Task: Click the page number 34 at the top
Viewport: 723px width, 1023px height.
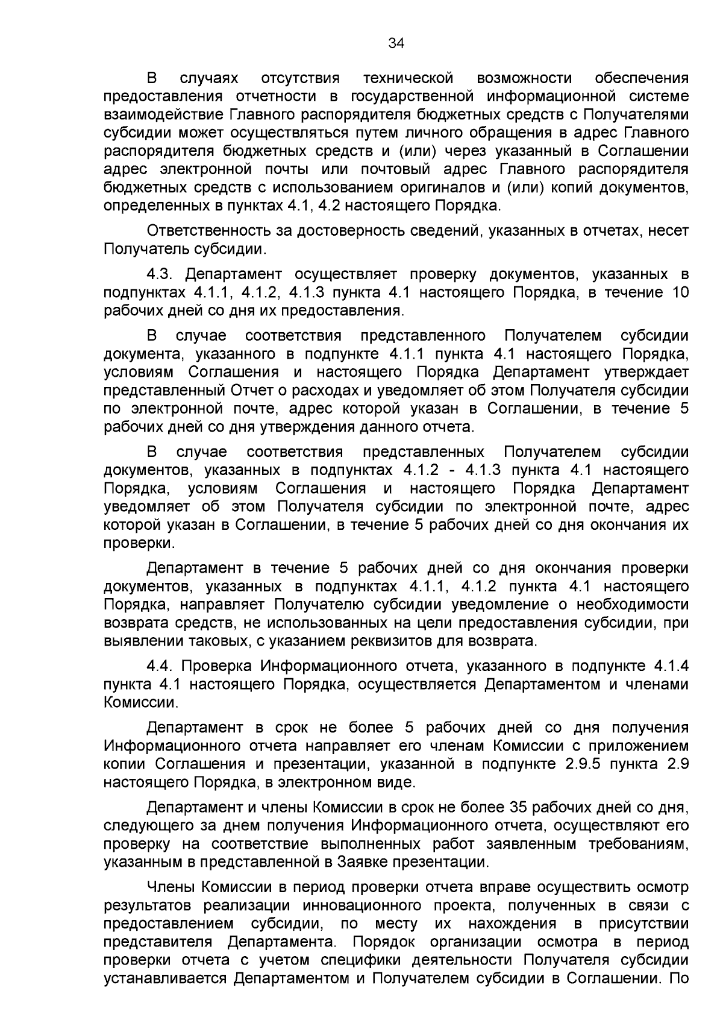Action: (396, 43)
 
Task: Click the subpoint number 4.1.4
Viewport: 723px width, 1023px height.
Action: (671, 666)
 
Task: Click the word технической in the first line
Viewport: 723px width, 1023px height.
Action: (409, 78)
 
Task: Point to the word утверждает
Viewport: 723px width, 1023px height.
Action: (648, 372)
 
